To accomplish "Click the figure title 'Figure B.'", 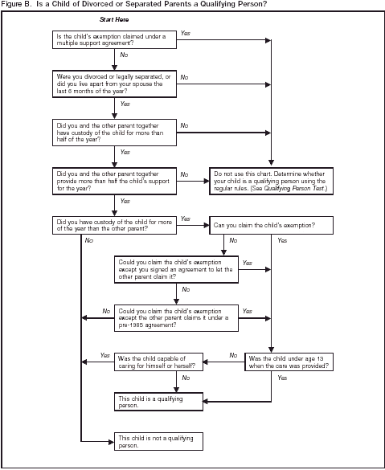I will tap(18, 4).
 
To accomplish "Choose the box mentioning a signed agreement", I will tap(175, 269).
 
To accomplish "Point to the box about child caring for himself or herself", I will tap(158, 362).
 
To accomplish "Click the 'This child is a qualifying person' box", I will tap(158, 402).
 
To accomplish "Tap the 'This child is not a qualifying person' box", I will tap(158, 440).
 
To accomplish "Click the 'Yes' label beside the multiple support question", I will tap(186, 33).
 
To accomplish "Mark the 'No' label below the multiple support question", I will tap(123, 55).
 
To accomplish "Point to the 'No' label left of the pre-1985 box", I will tap(105, 310).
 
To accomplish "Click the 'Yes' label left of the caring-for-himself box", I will tap(104, 355).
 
